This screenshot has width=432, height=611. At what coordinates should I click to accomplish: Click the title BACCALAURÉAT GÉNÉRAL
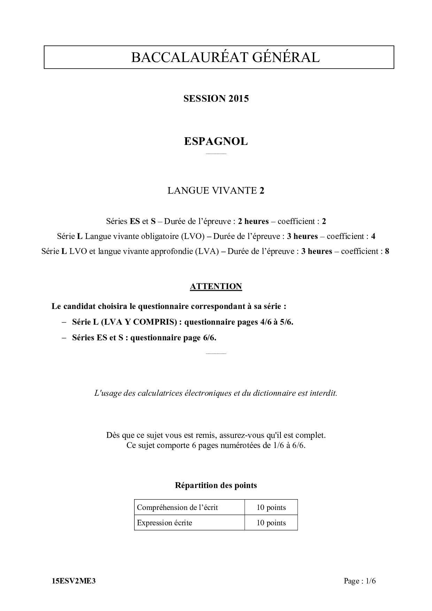[x=225, y=57]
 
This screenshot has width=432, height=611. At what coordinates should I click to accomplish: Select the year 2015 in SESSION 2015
[x=239, y=99]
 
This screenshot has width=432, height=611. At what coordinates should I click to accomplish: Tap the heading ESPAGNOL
[x=216, y=141]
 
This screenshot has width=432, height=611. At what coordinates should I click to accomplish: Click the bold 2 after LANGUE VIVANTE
[x=262, y=191]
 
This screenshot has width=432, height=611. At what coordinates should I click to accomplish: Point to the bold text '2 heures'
[x=253, y=221]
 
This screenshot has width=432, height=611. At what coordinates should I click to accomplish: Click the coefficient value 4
[x=373, y=236]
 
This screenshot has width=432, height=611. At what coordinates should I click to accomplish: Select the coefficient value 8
[x=387, y=251]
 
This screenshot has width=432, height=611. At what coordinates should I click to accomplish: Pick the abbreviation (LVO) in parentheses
[x=193, y=236]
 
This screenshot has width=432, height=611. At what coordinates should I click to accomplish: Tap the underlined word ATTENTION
[x=216, y=286]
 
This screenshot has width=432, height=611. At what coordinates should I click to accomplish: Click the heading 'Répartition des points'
[x=216, y=485]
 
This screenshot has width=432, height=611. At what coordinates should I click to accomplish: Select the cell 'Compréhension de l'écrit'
[x=177, y=508]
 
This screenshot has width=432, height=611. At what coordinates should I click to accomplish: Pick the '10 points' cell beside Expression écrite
[x=271, y=523]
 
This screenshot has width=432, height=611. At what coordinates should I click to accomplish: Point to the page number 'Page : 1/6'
[x=360, y=581]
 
